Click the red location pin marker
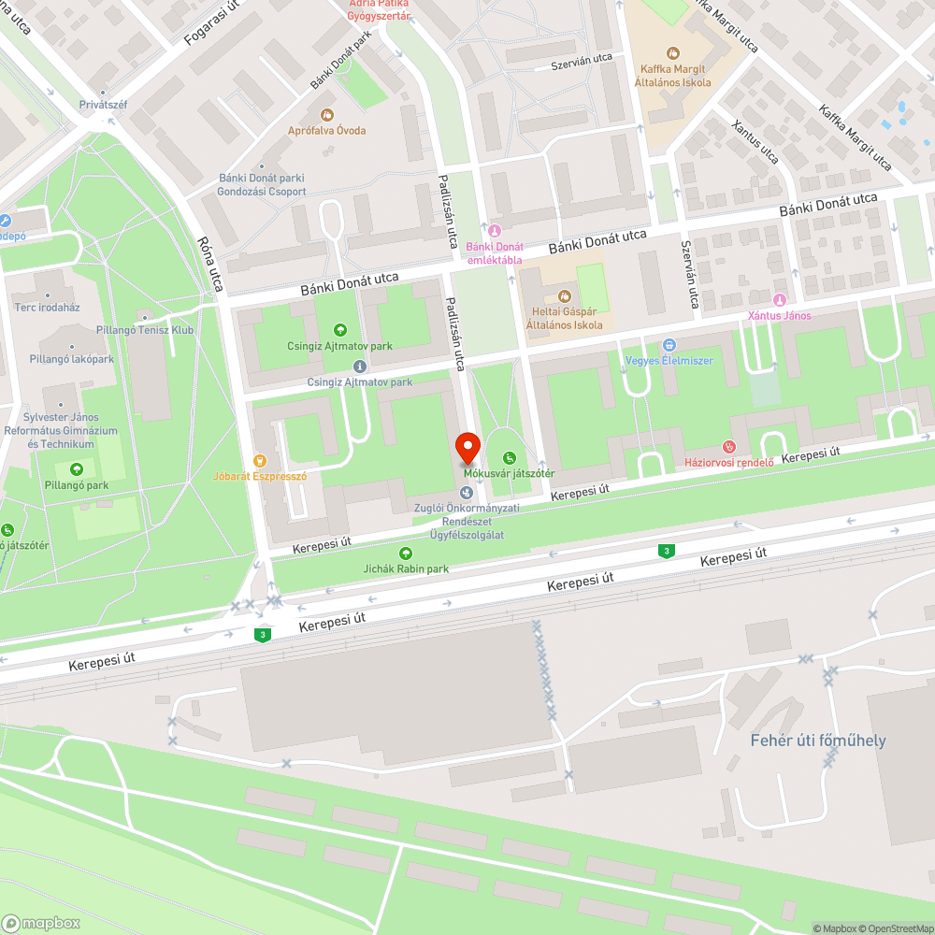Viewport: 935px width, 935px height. click(x=467, y=446)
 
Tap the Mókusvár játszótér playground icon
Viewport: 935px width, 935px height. click(x=509, y=458)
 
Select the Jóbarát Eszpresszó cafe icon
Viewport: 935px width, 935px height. click(x=261, y=460)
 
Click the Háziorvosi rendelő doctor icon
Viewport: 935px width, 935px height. click(x=730, y=447)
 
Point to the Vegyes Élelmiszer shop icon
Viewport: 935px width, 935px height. click(x=669, y=345)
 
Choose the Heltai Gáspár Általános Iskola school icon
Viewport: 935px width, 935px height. click(x=564, y=296)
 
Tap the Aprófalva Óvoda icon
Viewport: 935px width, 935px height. click(x=327, y=115)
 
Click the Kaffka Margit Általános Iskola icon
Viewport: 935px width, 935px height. click(x=672, y=52)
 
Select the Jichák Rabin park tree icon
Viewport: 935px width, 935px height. click(x=406, y=554)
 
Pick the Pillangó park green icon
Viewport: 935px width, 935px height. click(x=77, y=469)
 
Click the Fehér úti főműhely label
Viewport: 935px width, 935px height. click(x=818, y=741)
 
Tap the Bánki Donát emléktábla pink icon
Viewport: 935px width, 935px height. click(x=495, y=231)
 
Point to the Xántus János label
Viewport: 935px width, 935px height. click(x=779, y=315)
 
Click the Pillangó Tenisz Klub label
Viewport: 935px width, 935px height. click(x=145, y=330)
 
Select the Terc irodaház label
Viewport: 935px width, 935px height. click(x=47, y=308)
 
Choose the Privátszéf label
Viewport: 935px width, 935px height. click(x=103, y=105)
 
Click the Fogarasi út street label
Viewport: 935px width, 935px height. click(x=212, y=24)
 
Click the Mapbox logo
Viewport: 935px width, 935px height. click(x=41, y=922)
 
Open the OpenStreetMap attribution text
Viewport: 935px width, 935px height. click(x=895, y=928)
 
